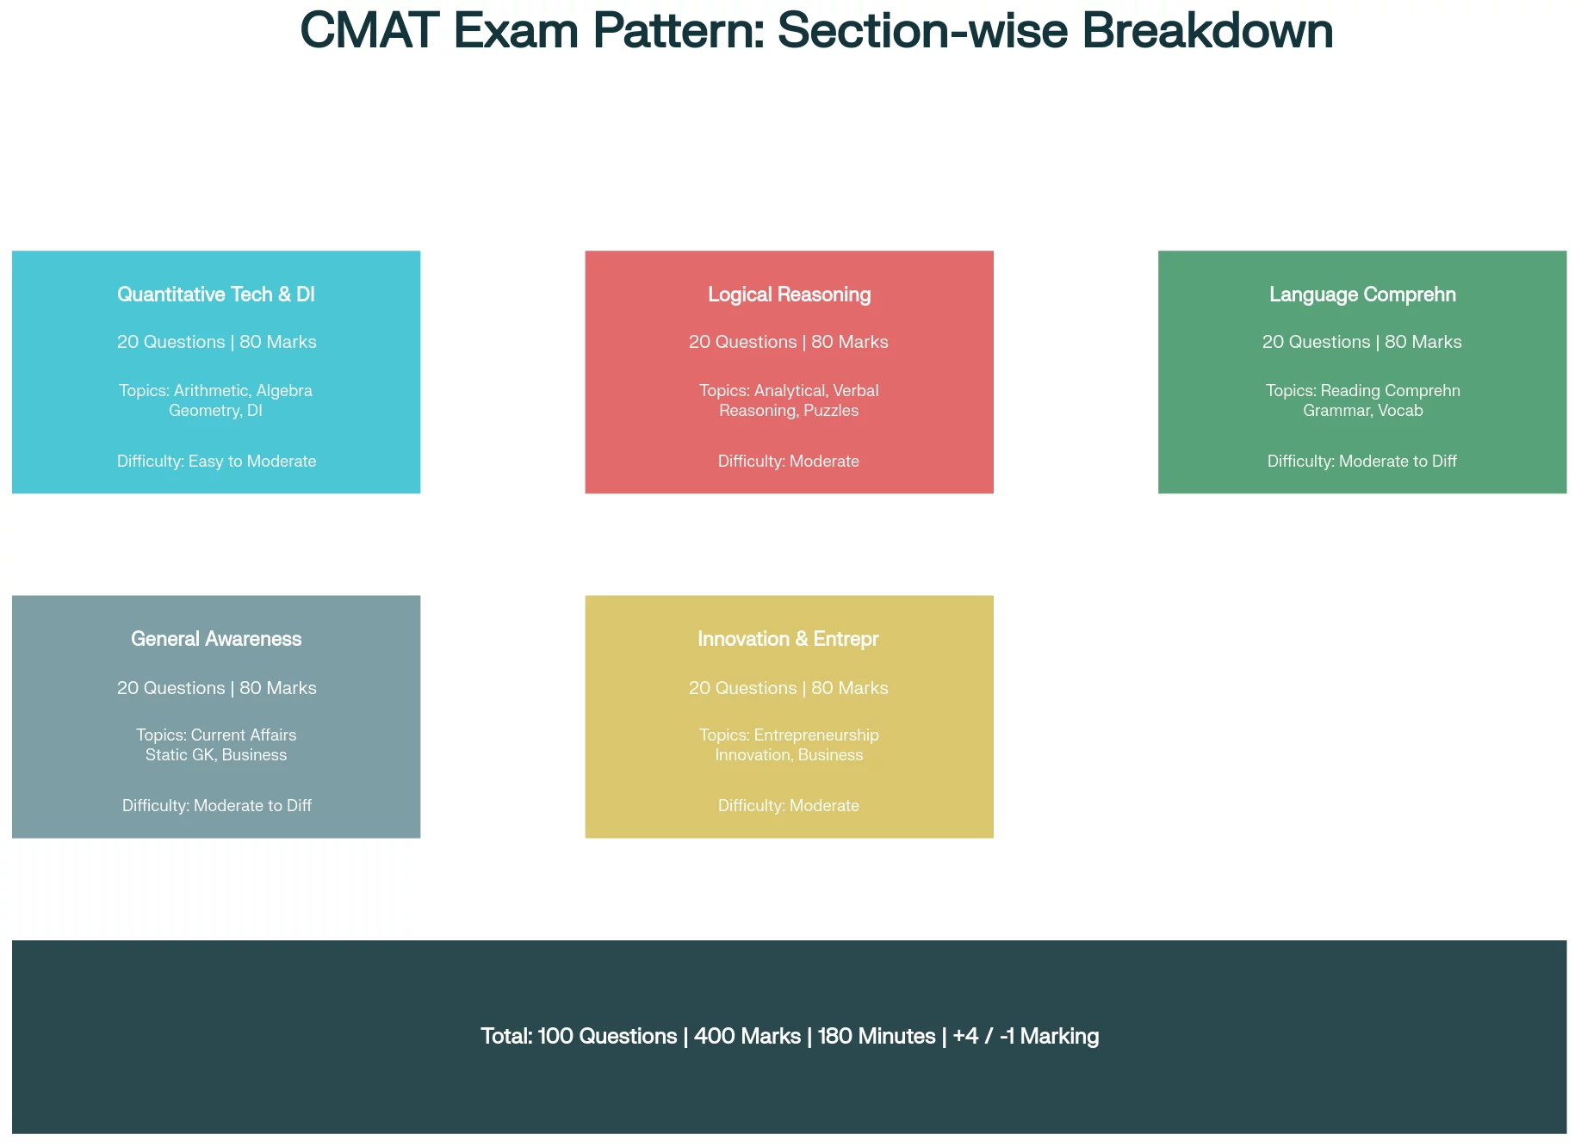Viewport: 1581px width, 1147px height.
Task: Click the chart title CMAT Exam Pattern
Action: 815,31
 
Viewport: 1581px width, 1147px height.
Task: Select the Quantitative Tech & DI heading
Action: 216,294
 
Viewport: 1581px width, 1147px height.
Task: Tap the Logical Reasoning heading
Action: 789,294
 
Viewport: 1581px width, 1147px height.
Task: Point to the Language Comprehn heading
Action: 1362,294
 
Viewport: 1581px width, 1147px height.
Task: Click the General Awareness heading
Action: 216,639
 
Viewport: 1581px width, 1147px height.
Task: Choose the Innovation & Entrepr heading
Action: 788,639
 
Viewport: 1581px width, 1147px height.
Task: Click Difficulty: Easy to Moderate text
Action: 216,462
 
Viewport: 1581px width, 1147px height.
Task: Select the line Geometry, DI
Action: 215,411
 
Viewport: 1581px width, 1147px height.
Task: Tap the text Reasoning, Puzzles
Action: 789,411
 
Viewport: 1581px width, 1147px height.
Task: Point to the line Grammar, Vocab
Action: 1362,411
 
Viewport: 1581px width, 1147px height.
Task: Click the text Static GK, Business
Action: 216,755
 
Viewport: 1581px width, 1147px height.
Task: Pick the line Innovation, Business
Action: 789,755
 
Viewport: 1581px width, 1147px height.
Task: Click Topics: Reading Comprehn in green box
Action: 1362,391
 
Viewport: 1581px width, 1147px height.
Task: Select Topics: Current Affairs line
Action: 216,735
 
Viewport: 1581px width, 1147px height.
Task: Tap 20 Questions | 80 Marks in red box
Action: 789,342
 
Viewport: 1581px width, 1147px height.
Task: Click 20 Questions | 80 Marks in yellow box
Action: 789,688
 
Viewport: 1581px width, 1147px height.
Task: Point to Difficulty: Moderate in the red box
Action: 789,462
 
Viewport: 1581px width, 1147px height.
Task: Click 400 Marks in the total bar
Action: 747,1036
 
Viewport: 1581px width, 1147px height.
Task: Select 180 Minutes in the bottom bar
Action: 877,1036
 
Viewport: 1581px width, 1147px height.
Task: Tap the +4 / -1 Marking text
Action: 1026,1036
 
